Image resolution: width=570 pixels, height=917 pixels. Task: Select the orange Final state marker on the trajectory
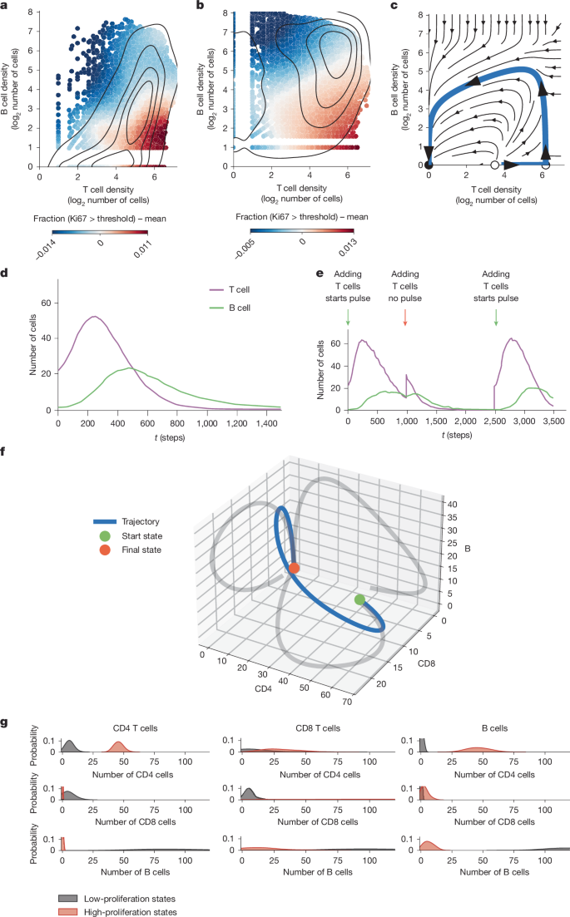294,569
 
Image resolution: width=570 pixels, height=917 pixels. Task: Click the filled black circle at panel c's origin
429,165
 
